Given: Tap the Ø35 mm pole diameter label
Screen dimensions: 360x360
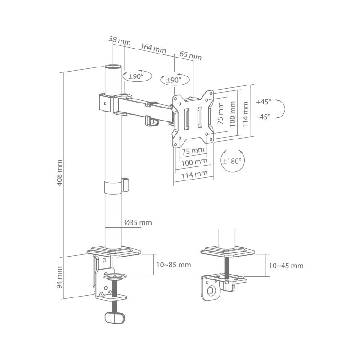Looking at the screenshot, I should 138,223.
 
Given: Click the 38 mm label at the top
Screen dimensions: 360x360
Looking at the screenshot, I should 119,41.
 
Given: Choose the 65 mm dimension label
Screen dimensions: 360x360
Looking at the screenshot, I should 190,56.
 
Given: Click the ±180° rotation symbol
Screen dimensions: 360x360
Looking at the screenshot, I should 232,160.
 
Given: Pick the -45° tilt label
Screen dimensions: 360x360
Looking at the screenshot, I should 263,117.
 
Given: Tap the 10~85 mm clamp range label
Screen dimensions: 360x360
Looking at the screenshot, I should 174,265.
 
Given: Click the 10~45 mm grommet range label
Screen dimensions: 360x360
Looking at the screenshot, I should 286,265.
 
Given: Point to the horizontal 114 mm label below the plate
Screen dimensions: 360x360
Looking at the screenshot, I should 194,173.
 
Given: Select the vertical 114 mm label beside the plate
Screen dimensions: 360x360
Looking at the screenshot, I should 245,114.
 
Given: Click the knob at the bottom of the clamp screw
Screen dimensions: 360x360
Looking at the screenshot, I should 114,317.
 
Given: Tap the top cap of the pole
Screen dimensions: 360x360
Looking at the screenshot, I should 113,67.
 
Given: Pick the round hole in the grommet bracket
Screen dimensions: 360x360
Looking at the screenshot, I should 210,292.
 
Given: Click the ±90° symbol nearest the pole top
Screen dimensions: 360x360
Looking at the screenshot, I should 135,76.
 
